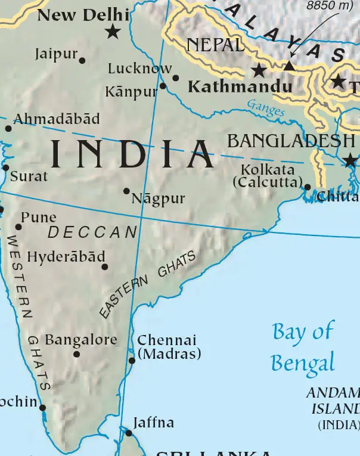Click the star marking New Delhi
point(112,32)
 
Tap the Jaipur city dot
point(82,60)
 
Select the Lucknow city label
point(139,69)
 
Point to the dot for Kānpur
point(163,85)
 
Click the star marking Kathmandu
point(259,70)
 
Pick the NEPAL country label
point(215,45)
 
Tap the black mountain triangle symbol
point(289,66)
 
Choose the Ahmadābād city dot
point(8,128)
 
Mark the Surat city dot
point(6,167)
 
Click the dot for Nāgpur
point(126,191)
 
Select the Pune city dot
point(18,227)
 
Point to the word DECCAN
point(92,232)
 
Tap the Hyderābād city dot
point(105,266)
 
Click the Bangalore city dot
point(76,354)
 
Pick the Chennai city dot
point(132,360)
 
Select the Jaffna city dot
point(128,432)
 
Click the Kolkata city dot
point(307,187)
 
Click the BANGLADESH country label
point(291,141)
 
